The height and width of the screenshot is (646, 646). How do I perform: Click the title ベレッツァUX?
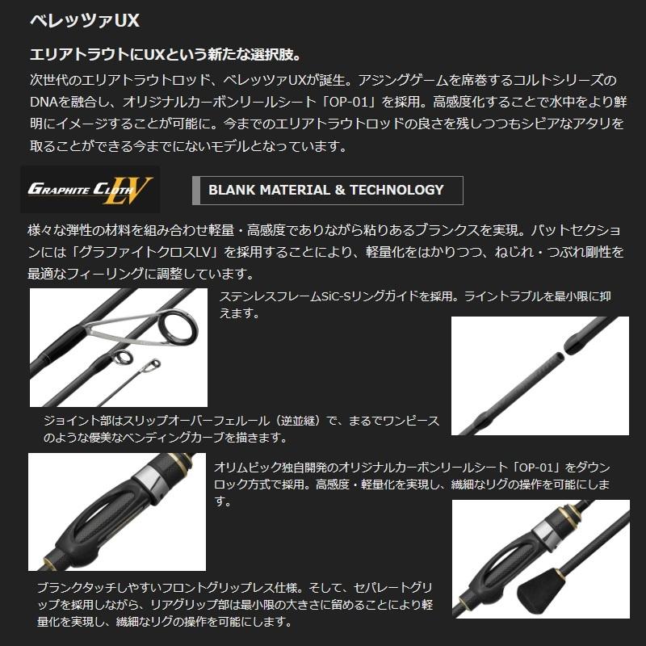(78, 19)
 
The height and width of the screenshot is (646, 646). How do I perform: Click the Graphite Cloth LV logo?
(90, 190)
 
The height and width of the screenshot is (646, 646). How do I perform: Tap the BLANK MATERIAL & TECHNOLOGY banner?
(327, 191)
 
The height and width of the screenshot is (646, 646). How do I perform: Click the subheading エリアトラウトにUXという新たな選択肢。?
(165, 55)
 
